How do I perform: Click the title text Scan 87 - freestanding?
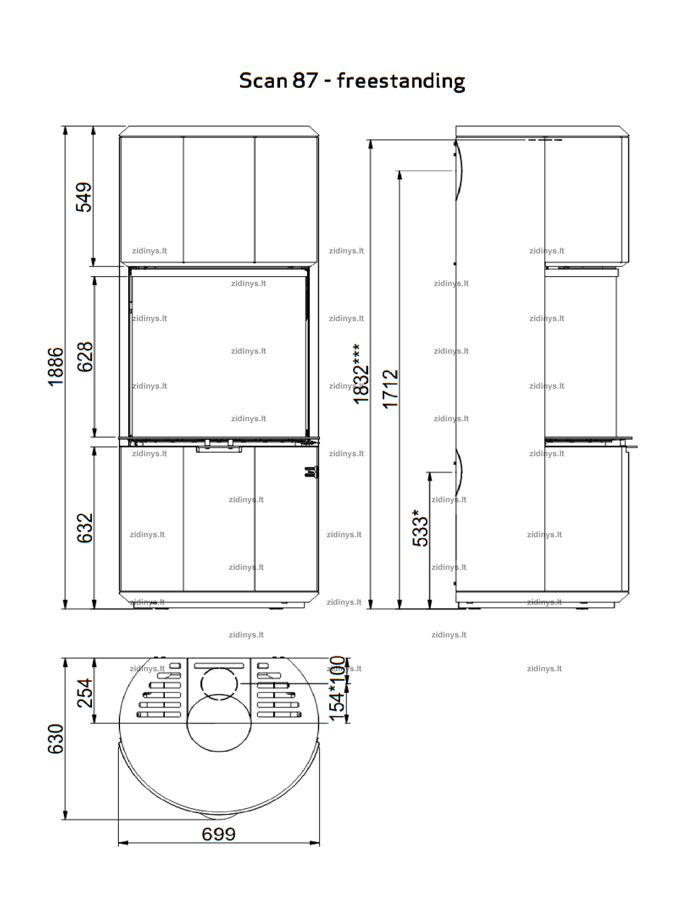[352, 81]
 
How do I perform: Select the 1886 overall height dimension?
[56, 367]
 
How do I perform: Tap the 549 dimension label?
[84, 197]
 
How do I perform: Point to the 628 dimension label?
[85, 357]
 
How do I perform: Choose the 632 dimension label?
[85, 528]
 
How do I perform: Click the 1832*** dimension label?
[361, 374]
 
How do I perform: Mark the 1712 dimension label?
[390, 389]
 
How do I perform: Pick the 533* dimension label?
[420, 528]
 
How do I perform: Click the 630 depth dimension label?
[56, 739]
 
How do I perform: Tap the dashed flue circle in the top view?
[219, 684]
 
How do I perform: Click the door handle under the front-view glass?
[219, 449]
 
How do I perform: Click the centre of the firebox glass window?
[218, 356]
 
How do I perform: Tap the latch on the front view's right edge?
[311, 472]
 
